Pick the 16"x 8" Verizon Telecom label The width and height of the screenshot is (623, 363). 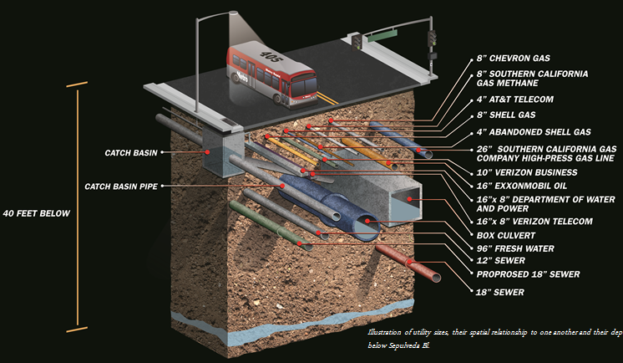pos(534,221)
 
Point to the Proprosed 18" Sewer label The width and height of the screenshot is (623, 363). pos(526,274)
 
